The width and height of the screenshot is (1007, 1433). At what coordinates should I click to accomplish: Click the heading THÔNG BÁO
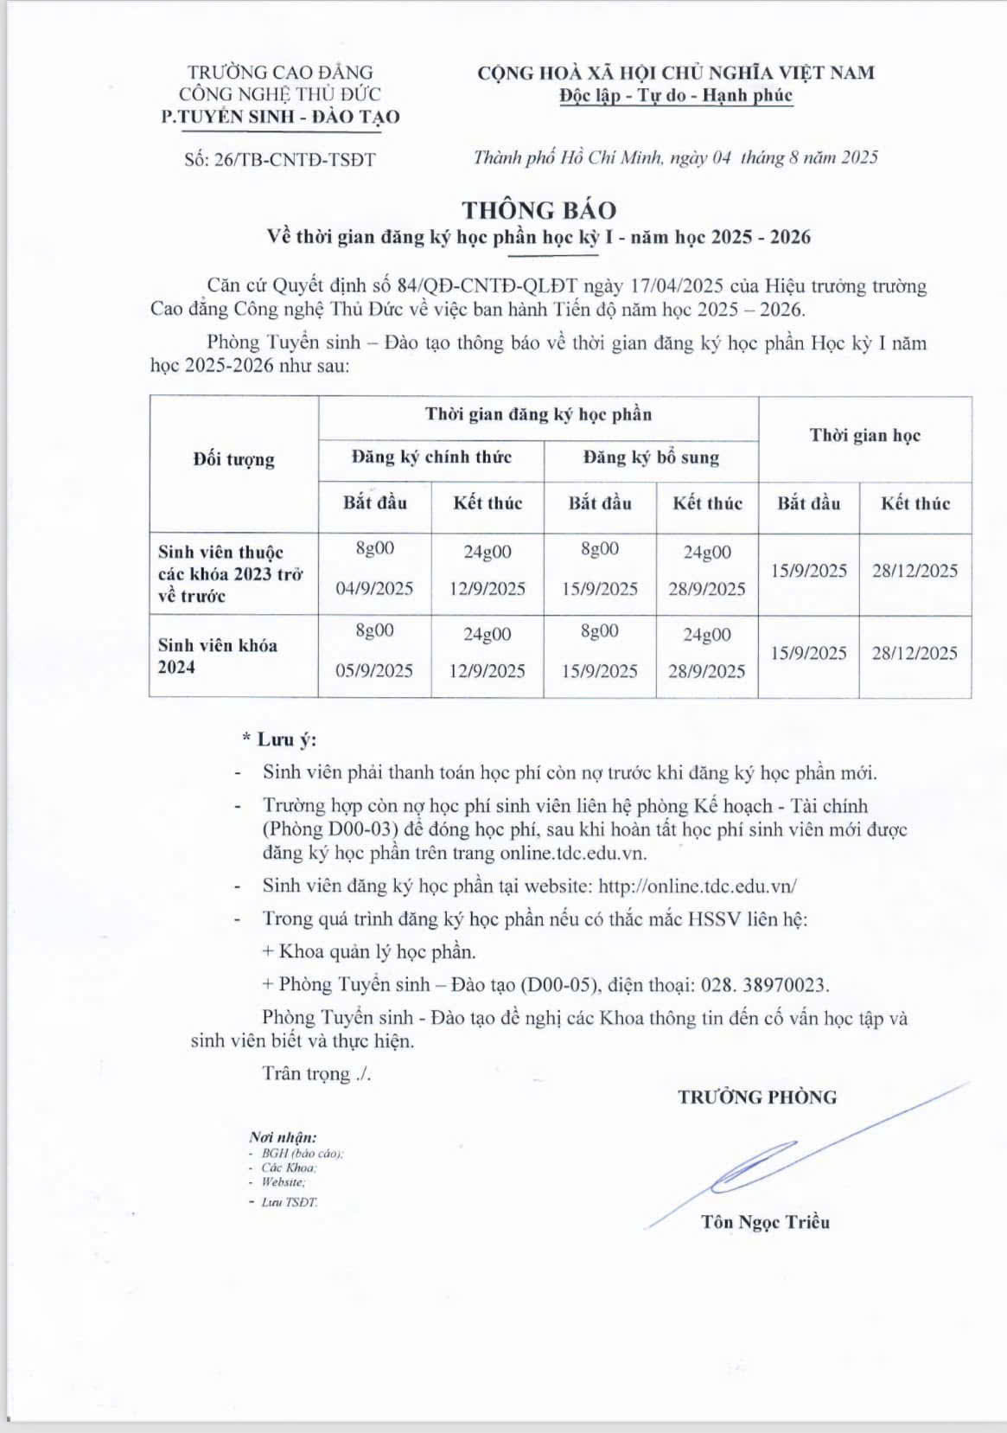pos(539,210)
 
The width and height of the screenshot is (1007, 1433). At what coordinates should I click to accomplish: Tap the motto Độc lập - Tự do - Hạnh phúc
pos(675,95)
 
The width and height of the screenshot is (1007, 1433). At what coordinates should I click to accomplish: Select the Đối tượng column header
pos(233,459)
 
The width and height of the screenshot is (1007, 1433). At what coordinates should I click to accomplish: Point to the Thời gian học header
pos(864,436)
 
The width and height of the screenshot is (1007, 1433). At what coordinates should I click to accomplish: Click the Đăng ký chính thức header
pos(431,457)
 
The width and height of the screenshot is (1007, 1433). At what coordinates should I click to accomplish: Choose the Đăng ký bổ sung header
pos(651,457)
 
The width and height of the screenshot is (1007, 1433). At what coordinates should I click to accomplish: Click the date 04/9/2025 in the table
pos(374,589)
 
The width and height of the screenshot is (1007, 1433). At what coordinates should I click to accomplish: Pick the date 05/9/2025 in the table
pos(374,671)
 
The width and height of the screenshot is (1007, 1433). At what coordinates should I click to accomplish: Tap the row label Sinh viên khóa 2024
pos(218,656)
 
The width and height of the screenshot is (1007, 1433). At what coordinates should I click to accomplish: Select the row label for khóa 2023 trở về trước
pos(230,573)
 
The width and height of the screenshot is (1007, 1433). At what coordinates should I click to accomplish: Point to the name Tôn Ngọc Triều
pos(765,1222)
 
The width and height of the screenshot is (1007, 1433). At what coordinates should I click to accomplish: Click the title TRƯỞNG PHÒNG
pos(757,1097)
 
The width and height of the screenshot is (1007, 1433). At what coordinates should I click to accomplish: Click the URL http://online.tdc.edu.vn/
pos(698,886)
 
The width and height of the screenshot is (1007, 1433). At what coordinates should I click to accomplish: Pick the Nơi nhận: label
pos(283,1137)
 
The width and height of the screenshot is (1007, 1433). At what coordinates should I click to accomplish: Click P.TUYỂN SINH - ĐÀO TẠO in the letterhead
pos(280,118)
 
